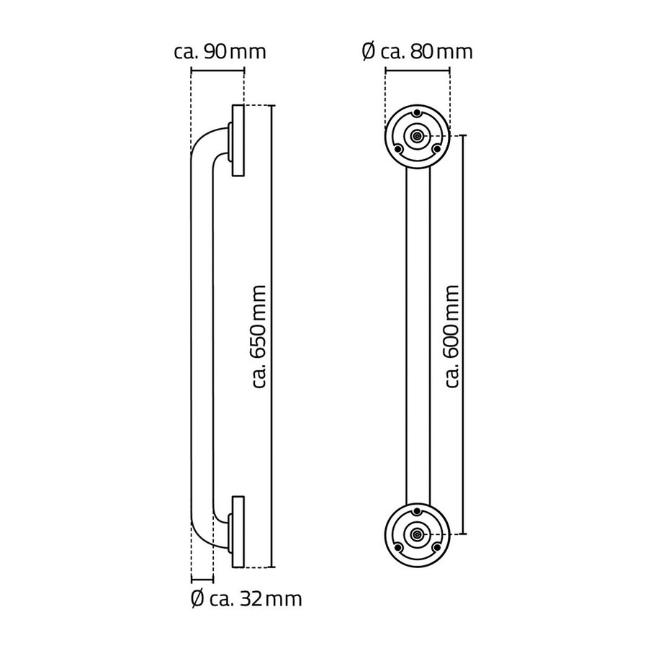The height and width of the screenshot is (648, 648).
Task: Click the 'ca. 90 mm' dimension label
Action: (220, 52)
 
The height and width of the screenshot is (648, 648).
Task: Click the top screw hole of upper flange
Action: (418, 113)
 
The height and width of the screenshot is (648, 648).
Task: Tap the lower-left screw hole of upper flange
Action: (400, 148)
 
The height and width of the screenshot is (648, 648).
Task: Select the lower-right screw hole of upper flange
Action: (436, 148)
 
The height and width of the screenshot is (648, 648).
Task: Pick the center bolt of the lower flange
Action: (418, 534)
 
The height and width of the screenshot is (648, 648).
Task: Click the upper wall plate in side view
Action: (238, 140)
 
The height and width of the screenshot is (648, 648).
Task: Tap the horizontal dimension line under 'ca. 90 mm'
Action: (217, 70)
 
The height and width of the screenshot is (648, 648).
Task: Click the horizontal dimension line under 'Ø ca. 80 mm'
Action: (418, 70)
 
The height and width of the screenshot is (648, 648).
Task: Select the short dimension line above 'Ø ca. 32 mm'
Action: (202, 580)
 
